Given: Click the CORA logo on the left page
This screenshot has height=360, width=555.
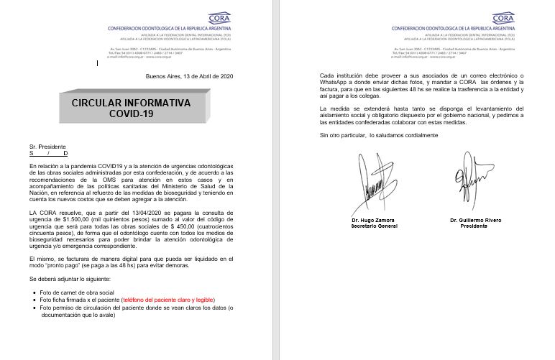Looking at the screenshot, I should pyautogui.click(x=219, y=18).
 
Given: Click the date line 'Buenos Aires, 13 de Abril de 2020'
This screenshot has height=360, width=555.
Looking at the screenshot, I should pyautogui.click(x=189, y=76).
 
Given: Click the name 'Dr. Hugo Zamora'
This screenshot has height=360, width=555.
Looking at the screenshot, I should pyautogui.click(x=375, y=219).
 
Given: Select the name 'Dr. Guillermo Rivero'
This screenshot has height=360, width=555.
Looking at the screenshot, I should pyautogui.click(x=475, y=219).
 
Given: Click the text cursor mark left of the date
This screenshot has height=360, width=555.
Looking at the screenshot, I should pyautogui.click(x=98, y=63).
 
